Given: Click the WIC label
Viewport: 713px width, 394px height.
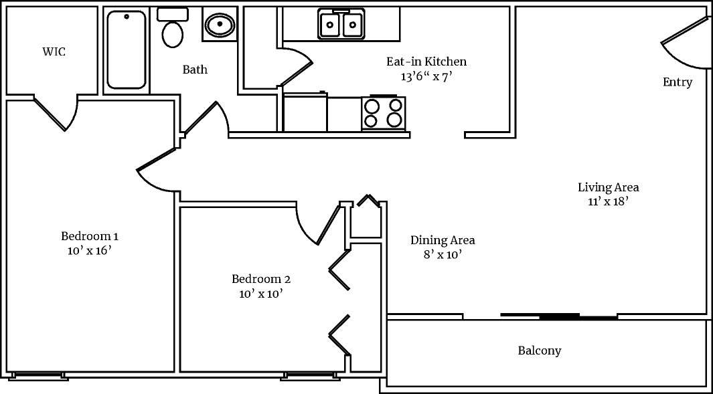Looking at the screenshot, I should (x=54, y=52).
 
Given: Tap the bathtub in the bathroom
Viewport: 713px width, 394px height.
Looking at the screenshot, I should (x=127, y=50).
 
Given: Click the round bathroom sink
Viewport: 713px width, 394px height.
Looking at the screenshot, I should (x=219, y=25).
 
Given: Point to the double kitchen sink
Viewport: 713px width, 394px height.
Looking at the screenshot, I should (x=341, y=25).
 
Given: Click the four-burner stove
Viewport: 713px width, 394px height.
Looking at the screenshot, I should (x=384, y=112).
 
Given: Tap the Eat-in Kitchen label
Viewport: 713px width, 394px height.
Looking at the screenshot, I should (x=426, y=62).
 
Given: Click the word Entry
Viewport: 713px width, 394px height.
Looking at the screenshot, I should (x=678, y=82).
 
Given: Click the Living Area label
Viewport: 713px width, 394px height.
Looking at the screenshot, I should (x=609, y=187).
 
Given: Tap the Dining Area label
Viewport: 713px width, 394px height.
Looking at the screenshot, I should (x=443, y=240).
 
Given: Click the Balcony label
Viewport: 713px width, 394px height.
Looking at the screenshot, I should (x=540, y=351).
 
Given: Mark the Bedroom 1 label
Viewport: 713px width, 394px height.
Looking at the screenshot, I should (x=90, y=236).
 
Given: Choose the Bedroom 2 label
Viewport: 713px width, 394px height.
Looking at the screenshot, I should (x=261, y=279).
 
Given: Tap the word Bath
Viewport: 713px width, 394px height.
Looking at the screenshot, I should (x=195, y=70).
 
